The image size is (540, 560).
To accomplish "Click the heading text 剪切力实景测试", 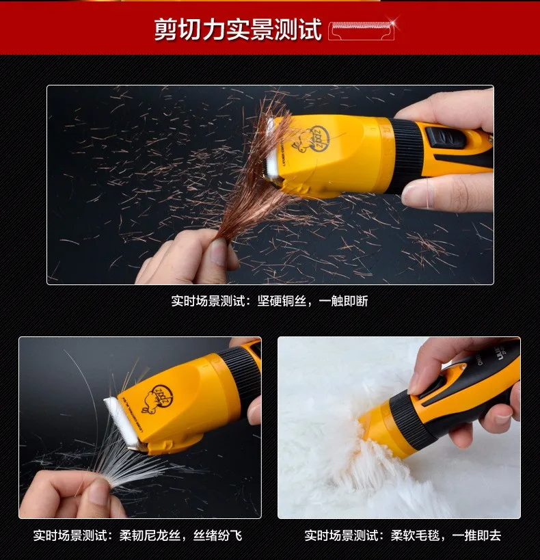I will point(237,29).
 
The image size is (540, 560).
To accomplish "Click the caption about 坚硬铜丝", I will point(269,301).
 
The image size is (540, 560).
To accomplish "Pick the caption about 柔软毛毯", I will point(403,535).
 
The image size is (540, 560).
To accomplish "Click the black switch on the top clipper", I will point(445,139).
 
